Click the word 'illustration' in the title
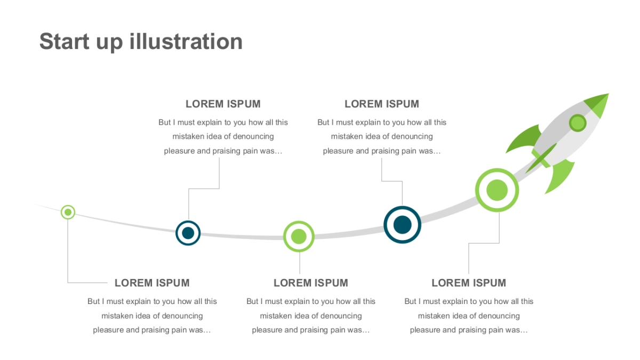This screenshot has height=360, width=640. (x=186, y=42)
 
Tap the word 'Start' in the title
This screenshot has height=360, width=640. (x=65, y=42)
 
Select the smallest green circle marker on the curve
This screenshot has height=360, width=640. (x=68, y=212)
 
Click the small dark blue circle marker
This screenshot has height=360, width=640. (x=188, y=233)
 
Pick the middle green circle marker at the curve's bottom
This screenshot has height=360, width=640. (x=299, y=237)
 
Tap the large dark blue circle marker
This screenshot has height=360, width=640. (x=402, y=225)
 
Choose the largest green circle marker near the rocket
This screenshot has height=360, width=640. (x=497, y=190)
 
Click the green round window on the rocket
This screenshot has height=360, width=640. (x=578, y=123)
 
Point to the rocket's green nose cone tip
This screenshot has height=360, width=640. (x=609, y=94)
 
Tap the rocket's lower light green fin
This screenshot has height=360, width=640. (x=559, y=175)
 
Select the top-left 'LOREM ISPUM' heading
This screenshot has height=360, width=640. (x=223, y=104)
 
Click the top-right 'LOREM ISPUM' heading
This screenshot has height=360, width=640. (x=382, y=104)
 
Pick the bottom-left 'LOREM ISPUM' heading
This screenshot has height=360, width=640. (x=152, y=283)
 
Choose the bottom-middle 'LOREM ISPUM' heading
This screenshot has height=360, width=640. (x=311, y=283)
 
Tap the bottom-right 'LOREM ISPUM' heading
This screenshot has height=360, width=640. (x=469, y=283)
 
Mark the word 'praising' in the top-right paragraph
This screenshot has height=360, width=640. (x=385, y=151)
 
